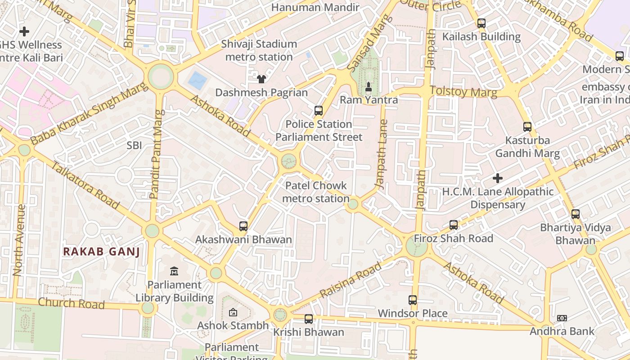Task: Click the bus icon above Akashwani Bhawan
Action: [x=243, y=226]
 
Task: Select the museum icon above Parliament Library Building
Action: [x=174, y=271]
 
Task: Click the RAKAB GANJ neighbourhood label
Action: [x=101, y=252]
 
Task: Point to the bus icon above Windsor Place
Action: [x=413, y=300]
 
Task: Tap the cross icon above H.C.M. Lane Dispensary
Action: [x=497, y=178]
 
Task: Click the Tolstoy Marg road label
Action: [x=463, y=92]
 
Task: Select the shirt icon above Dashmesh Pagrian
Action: [x=261, y=79]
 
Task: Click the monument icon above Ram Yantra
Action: [x=368, y=86]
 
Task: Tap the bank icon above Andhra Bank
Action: [x=562, y=318]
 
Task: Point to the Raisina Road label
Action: [x=351, y=279]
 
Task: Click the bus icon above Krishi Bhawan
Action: [x=308, y=319]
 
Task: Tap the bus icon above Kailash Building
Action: [x=481, y=23]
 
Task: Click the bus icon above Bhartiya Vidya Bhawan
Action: [x=575, y=214]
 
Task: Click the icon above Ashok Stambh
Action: [x=233, y=312]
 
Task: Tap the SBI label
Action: [x=134, y=145]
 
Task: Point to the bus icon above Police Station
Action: [x=319, y=110]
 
